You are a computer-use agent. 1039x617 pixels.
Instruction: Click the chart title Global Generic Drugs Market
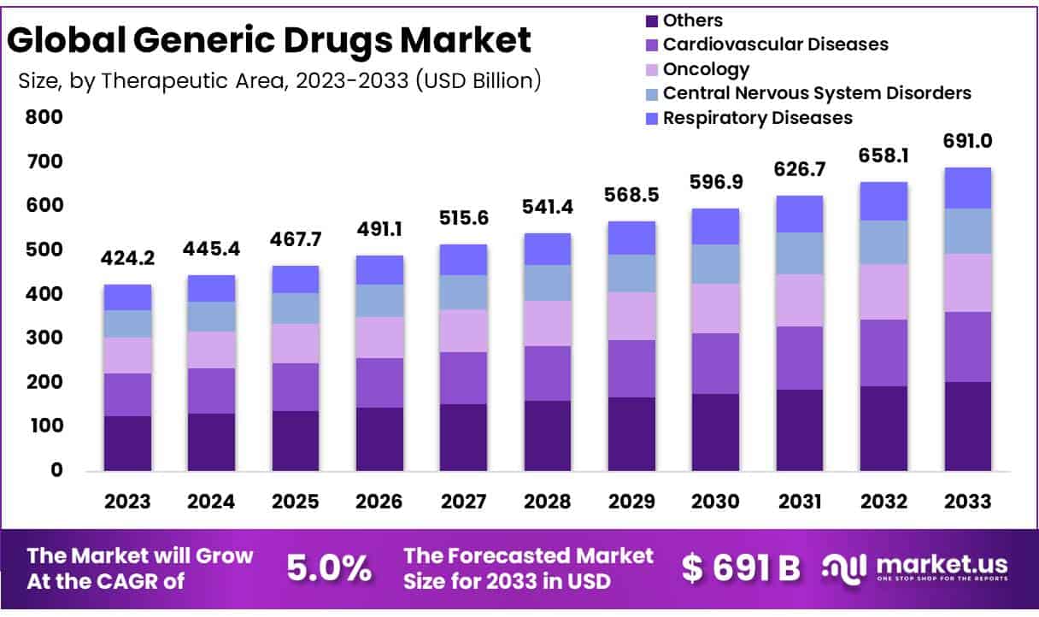coord(270,40)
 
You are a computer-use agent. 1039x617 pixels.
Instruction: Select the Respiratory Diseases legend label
coord(758,117)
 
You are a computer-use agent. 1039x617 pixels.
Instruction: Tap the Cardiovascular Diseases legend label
coord(776,44)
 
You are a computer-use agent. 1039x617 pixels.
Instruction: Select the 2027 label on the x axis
coord(463,502)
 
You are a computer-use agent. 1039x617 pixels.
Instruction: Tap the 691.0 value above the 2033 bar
coord(968,141)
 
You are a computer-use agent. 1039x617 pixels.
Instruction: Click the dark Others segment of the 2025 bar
coord(296,440)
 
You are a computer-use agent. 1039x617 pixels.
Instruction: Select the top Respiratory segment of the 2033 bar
coord(968,188)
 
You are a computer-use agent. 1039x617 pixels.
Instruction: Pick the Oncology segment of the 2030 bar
coord(716,308)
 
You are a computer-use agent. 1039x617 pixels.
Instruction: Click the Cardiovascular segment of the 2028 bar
coord(548,373)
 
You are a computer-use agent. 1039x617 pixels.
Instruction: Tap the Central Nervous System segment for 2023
coord(127,324)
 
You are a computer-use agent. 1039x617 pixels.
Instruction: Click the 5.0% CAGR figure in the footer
coord(328,567)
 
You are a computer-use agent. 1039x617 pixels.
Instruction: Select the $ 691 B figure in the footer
coord(741,567)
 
